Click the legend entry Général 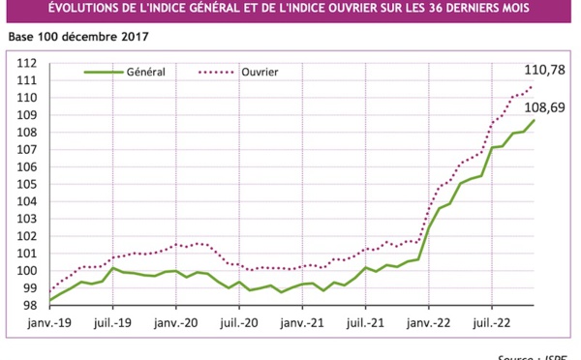point(146,72)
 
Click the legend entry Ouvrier point(260,72)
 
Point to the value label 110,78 point(544,71)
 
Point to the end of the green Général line point(532,120)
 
